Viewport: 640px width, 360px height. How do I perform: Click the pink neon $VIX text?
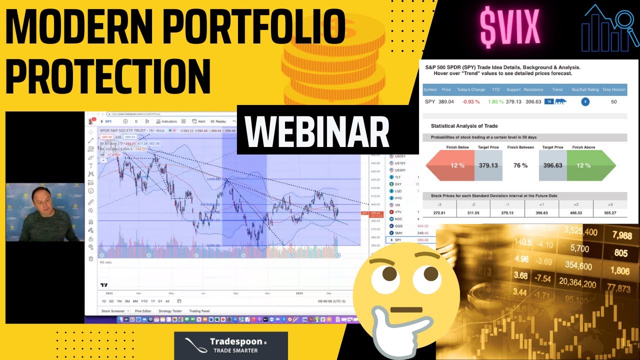[x=509, y=27]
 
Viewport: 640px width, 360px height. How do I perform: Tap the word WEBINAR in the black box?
[x=317, y=133]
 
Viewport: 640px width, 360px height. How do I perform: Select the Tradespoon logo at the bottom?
[x=231, y=345]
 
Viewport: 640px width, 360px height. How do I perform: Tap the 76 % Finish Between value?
[x=520, y=165]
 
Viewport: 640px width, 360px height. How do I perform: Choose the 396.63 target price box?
[x=552, y=165]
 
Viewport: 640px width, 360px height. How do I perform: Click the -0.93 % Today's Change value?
[x=470, y=101]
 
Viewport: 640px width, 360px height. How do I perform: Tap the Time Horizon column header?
[x=613, y=89]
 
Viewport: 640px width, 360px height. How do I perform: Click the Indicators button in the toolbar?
[x=166, y=121]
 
